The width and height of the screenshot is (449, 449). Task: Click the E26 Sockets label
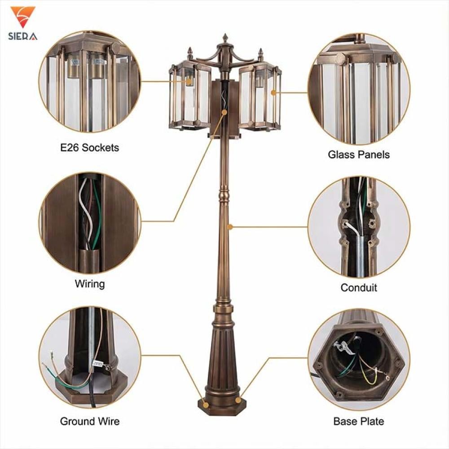tap(90, 148)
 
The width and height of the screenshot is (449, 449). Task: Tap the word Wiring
tap(90, 284)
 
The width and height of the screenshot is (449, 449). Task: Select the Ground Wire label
tap(90, 421)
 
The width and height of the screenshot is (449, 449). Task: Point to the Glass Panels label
tap(359, 154)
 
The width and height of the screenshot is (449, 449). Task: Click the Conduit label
tap(359, 287)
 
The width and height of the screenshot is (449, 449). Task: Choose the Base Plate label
tap(359, 421)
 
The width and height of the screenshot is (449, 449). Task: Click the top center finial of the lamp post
tap(225, 38)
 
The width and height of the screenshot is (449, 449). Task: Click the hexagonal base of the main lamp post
tap(222, 407)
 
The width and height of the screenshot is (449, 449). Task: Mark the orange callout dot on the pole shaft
tap(230, 227)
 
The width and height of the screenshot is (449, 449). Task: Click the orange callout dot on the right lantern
tap(273, 92)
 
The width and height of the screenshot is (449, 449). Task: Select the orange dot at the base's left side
tap(206, 405)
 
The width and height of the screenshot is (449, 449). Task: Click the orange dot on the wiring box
tap(224, 112)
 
